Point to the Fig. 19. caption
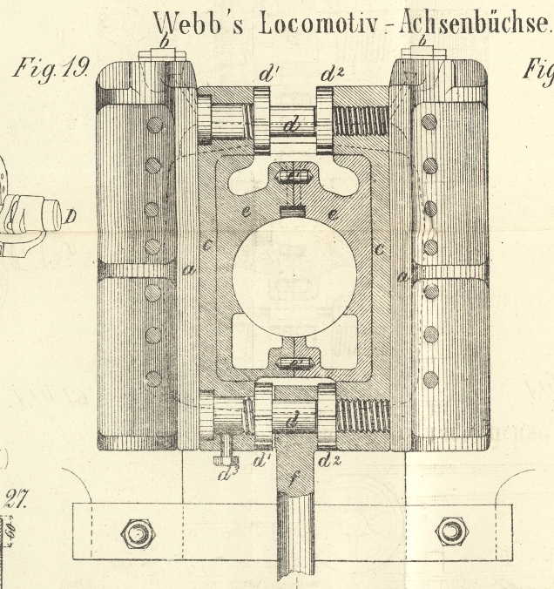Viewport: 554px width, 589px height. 50,68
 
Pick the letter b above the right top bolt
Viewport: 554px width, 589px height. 423,41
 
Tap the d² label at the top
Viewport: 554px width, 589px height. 331,74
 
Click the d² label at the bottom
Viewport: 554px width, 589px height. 328,459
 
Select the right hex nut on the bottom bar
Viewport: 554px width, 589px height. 450,530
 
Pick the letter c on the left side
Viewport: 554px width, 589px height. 206,247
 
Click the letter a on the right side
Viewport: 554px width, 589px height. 401,277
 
